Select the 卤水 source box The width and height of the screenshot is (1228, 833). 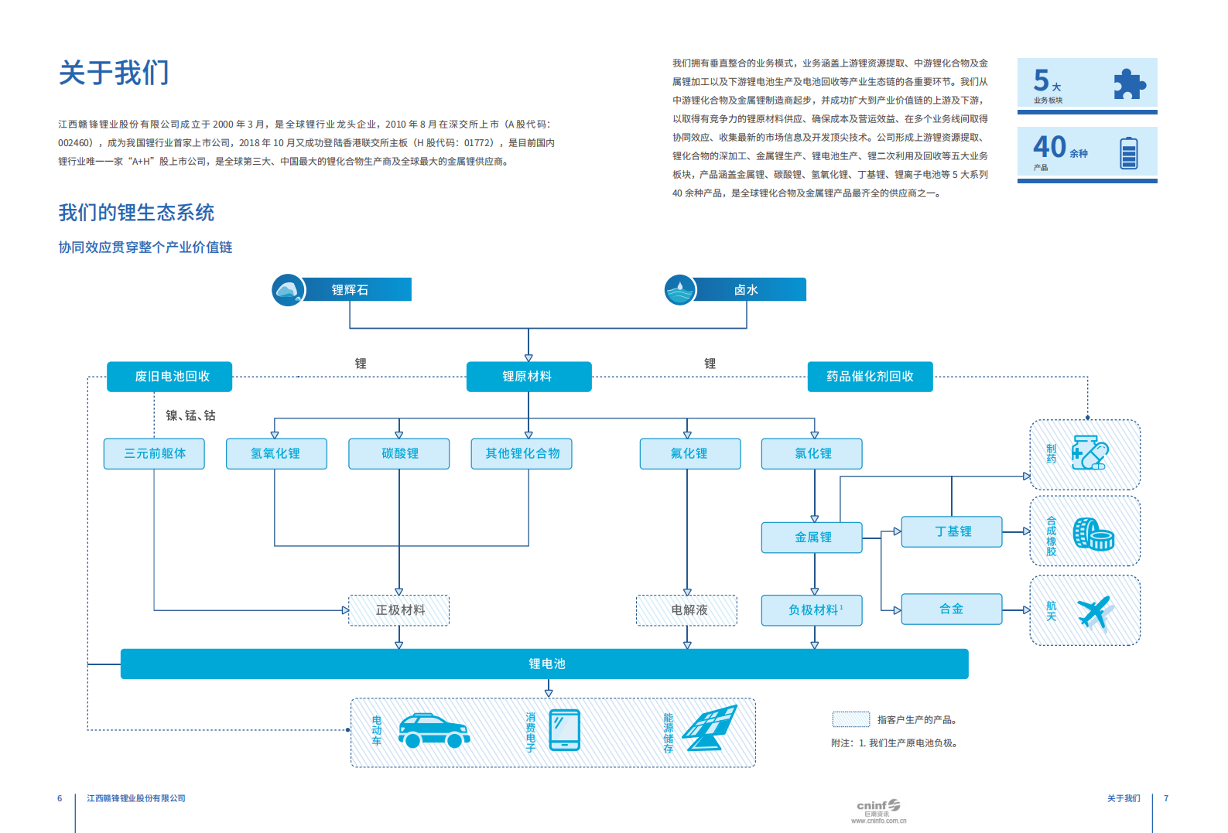click(746, 290)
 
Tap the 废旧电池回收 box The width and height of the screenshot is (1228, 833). click(172, 377)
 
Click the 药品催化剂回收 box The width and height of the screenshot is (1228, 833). click(870, 377)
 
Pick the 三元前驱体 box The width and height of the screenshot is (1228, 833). click(155, 454)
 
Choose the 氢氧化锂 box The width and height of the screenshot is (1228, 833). click(275, 454)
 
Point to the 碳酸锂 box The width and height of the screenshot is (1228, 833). click(399, 454)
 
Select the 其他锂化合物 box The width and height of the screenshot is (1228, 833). click(522, 454)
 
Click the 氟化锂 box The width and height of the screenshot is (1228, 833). click(689, 454)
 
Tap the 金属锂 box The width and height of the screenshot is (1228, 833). click(812, 538)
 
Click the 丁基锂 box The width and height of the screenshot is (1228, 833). click(953, 531)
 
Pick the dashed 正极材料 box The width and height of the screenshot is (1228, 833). click(399, 610)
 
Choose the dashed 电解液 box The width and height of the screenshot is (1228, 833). click(688, 610)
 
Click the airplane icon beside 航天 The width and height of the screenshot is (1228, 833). click(1095, 612)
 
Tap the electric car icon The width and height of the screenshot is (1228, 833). click(433, 731)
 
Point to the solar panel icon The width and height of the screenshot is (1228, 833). click(713, 729)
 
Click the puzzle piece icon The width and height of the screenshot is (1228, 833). click(1129, 84)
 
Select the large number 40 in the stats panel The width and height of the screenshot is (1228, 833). click(1050, 146)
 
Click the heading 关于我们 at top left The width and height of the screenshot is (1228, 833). click(114, 73)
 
